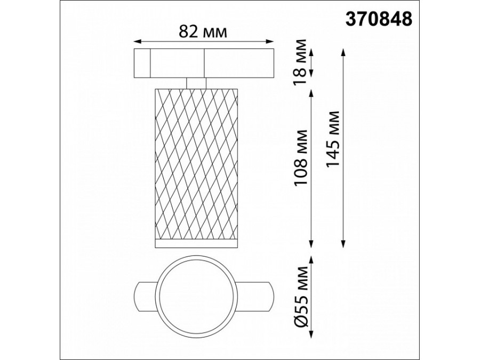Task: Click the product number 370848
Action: click(x=379, y=19)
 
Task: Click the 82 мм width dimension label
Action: click(x=203, y=31)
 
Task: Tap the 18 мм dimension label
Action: click(x=300, y=62)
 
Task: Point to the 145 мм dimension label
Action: click(x=333, y=139)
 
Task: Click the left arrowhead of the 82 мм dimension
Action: click(x=138, y=41)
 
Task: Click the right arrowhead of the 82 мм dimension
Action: click(x=270, y=41)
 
